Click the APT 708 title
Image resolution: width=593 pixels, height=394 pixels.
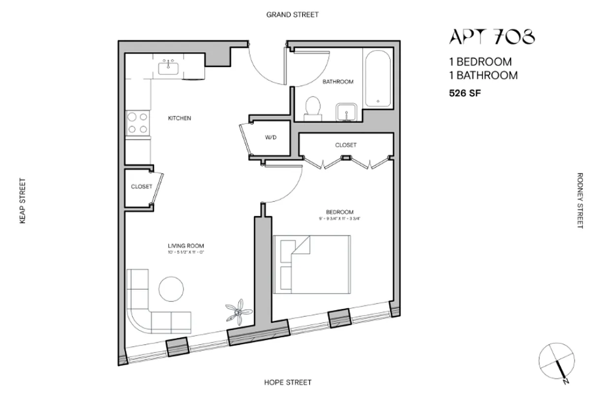coord(492,37)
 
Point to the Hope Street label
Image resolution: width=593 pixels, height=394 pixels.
coord(287,382)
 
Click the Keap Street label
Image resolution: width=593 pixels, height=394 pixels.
coord(22,201)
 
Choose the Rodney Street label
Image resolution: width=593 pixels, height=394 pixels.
coord(579,200)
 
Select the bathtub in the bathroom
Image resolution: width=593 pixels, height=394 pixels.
coord(377,79)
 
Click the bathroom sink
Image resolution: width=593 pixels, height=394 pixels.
coord(347,111)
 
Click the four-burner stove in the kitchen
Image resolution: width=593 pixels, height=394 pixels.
coord(137,123)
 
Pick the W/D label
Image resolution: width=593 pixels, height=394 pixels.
coord(271,138)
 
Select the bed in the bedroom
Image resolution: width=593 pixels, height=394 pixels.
coord(312,265)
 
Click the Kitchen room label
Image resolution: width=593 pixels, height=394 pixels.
coord(179,119)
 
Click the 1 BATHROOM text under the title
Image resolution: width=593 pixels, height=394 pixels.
coord(483,75)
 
